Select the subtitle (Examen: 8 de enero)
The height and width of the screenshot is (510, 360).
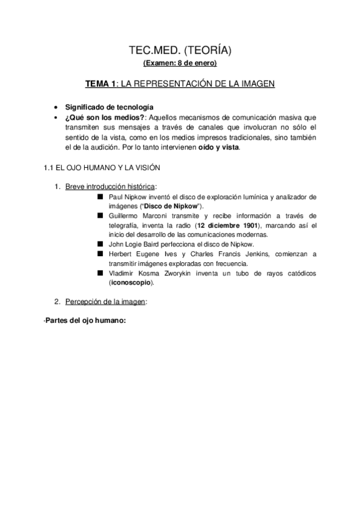pos(180,63)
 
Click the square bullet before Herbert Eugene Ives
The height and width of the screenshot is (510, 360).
pos(100,254)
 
